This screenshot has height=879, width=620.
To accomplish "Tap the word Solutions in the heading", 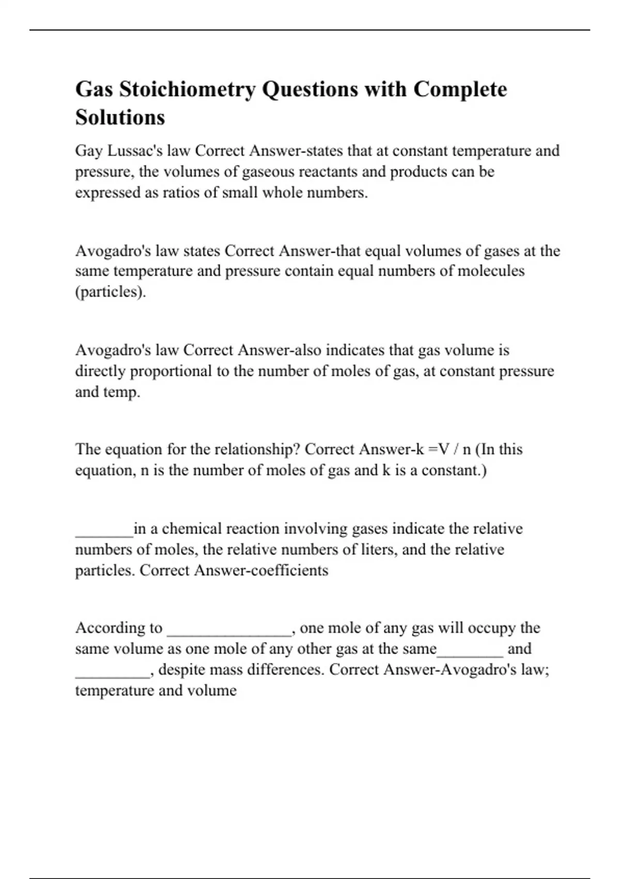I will coord(120,117).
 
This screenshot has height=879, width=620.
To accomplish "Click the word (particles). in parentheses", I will coord(111,292).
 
